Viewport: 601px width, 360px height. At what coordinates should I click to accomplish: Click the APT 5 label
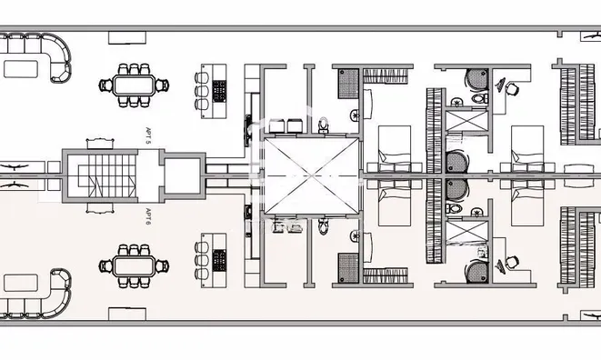148,136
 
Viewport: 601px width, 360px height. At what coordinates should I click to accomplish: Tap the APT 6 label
148,216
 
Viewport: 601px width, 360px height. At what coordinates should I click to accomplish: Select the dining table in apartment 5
135,85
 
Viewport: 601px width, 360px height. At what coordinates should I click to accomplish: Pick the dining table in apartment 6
135,266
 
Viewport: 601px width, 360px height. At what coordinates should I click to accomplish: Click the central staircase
107,175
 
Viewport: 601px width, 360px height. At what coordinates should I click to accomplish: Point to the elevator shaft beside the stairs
183,175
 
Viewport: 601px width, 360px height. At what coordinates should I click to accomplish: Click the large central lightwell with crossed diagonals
311,175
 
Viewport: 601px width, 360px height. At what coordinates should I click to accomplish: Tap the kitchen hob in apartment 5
219,91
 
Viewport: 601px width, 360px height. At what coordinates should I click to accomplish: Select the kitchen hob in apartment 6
219,260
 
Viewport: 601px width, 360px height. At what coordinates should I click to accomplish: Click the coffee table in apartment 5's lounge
21,69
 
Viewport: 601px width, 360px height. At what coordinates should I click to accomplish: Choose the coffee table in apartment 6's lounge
21,283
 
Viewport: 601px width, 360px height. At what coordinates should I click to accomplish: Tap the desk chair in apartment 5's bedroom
512,89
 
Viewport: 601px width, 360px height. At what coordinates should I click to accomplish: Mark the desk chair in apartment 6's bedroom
512,262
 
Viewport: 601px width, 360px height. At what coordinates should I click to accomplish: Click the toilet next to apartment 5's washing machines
324,125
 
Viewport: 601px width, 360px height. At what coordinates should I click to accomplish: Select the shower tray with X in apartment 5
466,121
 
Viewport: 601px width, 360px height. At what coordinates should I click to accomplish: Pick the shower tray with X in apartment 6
466,231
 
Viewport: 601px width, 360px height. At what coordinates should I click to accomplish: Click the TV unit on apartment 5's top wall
127,37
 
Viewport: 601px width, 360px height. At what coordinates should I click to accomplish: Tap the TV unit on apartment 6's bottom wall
127,314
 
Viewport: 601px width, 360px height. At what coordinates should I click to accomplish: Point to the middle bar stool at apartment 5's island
202,91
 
